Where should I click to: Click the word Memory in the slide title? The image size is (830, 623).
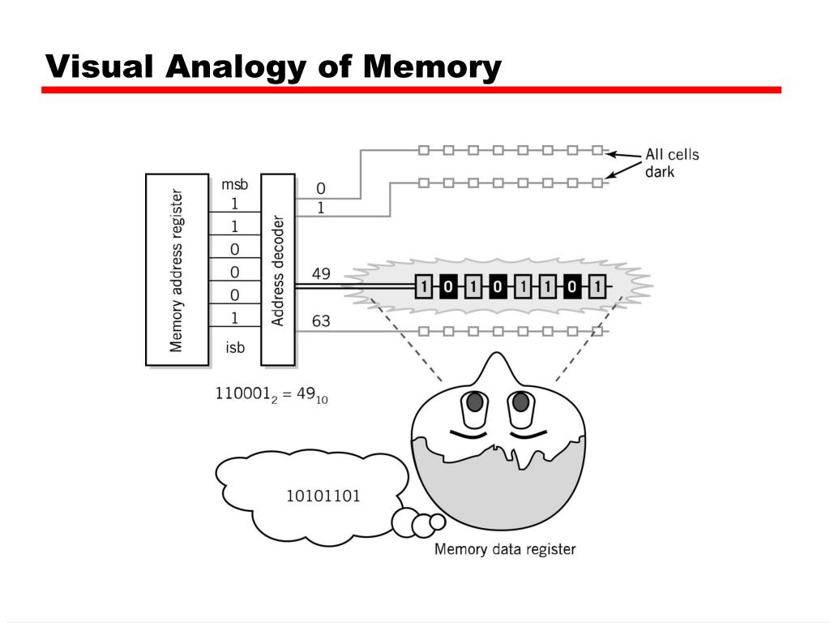(432, 67)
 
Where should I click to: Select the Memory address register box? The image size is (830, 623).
(176, 269)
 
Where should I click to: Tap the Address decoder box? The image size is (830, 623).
(277, 269)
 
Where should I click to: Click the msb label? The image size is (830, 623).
(234, 185)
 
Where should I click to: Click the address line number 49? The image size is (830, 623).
(321, 274)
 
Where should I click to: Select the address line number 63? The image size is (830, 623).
(321, 321)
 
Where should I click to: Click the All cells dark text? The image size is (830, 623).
(671, 163)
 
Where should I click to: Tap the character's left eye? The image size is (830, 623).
(475, 402)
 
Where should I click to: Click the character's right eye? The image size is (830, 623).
(521, 402)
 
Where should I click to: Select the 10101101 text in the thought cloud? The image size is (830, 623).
(323, 495)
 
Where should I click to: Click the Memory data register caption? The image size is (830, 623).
(505, 549)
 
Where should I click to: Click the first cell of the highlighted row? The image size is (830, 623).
(424, 286)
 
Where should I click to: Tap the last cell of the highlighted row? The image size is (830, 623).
(597, 286)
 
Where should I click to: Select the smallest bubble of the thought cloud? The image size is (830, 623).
(438, 521)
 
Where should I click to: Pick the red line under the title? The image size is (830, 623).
(411, 90)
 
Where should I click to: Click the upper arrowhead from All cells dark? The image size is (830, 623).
(612, 153)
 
